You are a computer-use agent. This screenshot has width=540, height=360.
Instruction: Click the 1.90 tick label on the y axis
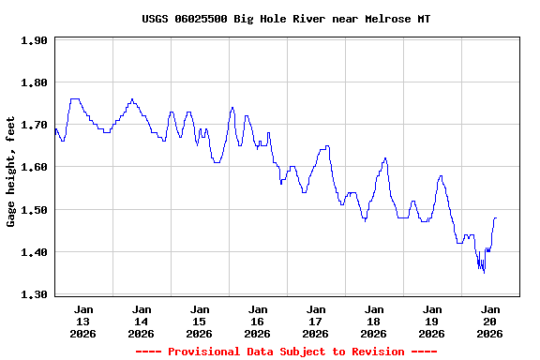34,40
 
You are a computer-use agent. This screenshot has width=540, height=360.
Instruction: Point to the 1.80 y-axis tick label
34,82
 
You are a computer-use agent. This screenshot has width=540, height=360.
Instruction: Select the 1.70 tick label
34,125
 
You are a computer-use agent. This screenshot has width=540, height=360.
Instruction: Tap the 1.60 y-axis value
34,167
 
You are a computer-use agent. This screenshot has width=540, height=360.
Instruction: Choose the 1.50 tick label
34,210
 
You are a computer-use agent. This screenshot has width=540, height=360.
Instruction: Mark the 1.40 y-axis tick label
34,252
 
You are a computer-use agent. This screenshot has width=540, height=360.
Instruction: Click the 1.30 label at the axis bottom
34,294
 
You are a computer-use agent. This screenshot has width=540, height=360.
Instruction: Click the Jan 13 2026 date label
83,321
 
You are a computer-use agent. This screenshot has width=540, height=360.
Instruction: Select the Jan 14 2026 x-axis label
142,321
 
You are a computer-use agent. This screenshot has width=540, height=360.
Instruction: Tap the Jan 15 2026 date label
199,321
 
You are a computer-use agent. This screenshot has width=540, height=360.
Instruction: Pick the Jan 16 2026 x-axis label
257,321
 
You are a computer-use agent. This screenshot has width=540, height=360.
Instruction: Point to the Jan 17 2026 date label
315,321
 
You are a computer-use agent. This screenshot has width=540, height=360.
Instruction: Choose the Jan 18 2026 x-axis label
373,321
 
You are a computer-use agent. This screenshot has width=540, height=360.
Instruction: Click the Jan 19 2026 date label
431,321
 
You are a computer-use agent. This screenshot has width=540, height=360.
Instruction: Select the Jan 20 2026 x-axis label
489,321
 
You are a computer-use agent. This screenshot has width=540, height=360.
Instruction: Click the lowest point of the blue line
484,272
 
